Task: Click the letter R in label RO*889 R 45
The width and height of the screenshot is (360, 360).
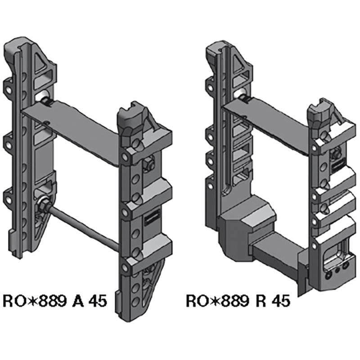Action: tap(260, 301)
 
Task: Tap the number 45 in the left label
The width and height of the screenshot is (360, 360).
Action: tap(97, 301)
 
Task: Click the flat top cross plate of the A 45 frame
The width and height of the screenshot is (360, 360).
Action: tap(72, 130)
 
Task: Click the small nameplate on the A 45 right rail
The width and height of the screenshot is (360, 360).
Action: tap(150, 219)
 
